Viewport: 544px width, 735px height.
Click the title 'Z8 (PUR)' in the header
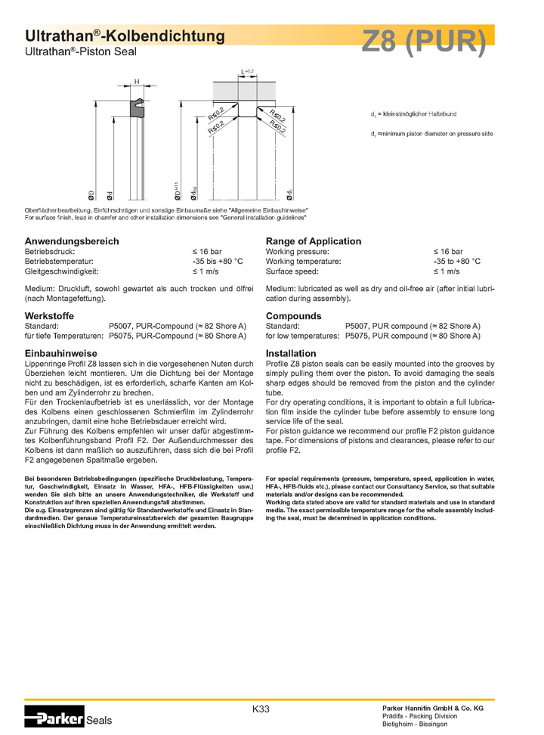point(423,42)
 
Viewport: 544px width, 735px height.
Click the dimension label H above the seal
point(137,82)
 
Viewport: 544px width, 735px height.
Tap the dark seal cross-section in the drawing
point(137,108)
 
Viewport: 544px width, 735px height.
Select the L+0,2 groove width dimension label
point(247,71)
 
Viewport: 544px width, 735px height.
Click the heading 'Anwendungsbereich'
point(73,241)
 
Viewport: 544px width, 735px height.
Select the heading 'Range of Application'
point(314,241)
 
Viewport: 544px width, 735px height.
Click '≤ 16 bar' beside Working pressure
point(448,251)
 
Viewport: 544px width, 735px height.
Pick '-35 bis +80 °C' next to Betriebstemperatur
point(218,261)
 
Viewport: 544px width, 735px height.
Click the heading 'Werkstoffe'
point(48,316)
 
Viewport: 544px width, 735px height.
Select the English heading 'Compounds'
point(293,316)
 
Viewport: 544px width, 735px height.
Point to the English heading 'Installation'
point(291,353)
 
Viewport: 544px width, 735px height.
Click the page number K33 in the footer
point(261,709)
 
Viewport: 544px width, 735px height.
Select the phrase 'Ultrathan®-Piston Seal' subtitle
point(76,51)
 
